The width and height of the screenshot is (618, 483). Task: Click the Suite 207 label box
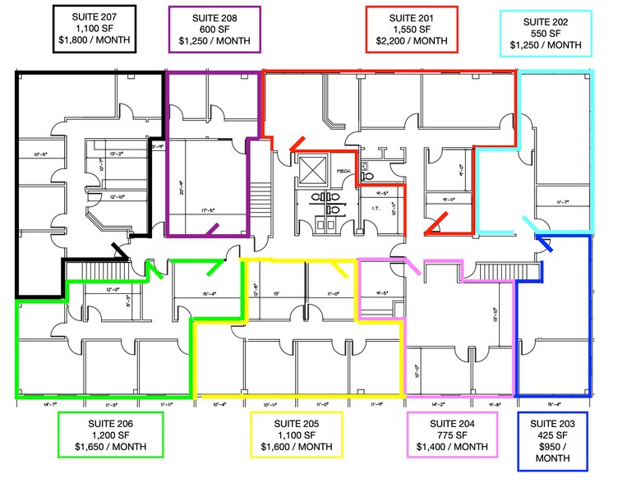point(93,28)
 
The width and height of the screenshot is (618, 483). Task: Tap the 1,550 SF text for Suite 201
point(411,29)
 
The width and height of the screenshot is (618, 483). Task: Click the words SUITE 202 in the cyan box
point(545,21)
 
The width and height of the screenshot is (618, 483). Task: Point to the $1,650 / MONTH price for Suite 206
point(110,448)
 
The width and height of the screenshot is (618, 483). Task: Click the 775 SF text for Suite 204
point(453,435)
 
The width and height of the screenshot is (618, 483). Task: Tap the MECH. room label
point(344,171)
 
